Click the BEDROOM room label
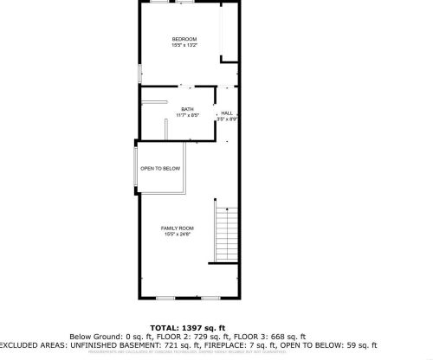pos(184,39)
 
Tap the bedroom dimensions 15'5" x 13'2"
pos(184,46)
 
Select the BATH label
pos(187,108)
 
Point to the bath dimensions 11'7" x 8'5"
pos(187,115)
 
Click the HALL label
pos(227,113)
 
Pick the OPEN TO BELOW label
pos(160,169)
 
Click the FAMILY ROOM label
pos(176,228)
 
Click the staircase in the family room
pos(224,234)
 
